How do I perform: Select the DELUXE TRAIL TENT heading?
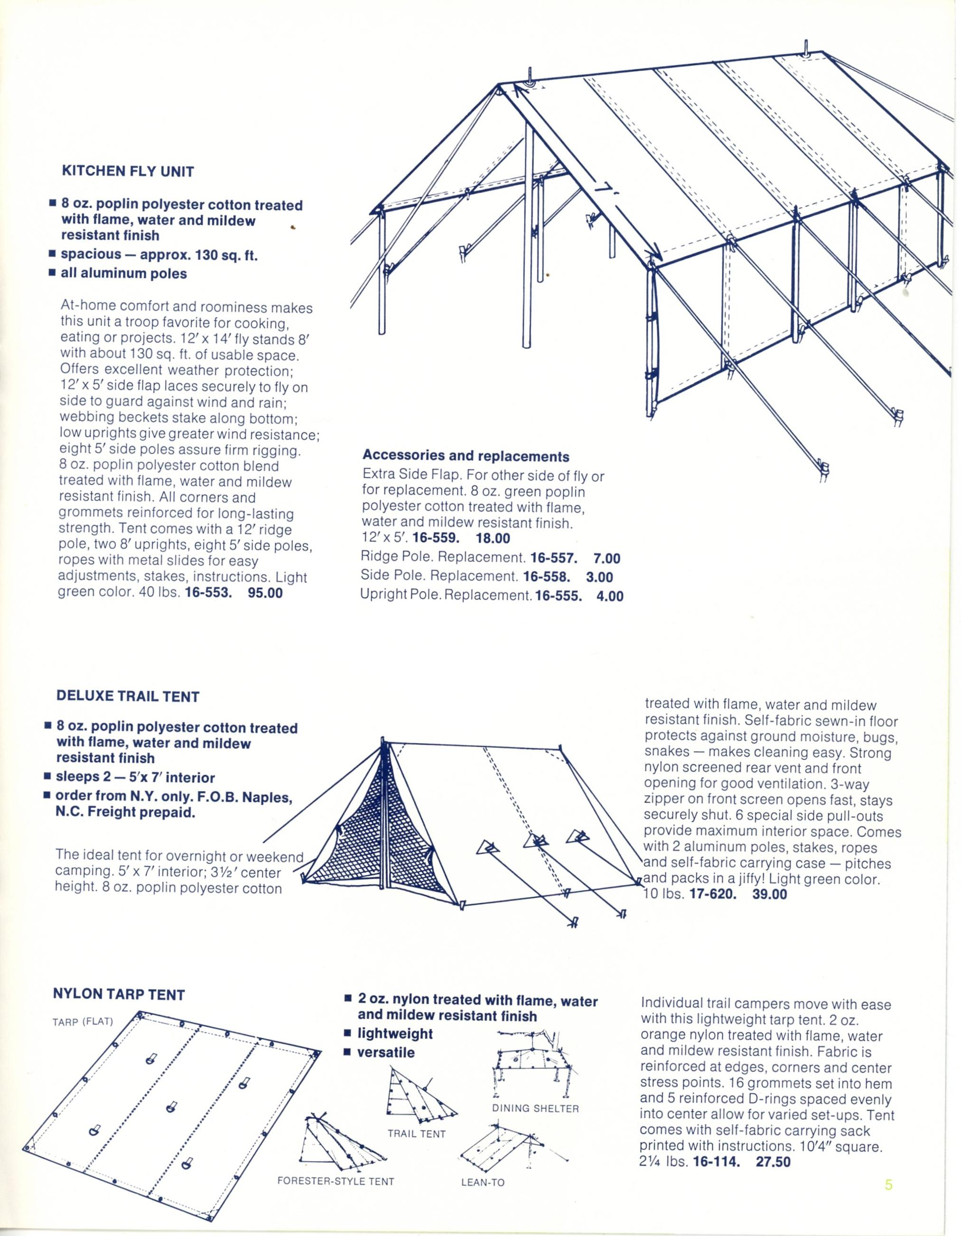point(128,696)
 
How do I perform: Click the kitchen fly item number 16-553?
point(208,594)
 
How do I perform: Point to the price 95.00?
point(265,594)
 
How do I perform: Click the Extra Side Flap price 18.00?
point(493,538)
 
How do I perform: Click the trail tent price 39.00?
point(770,895)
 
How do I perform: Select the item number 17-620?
point(712,895)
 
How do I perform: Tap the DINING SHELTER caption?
point(535,1108)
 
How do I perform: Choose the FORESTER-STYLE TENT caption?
point(336,1181)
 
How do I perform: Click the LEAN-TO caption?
point(483,1182)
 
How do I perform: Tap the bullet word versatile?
point(386,1053)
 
